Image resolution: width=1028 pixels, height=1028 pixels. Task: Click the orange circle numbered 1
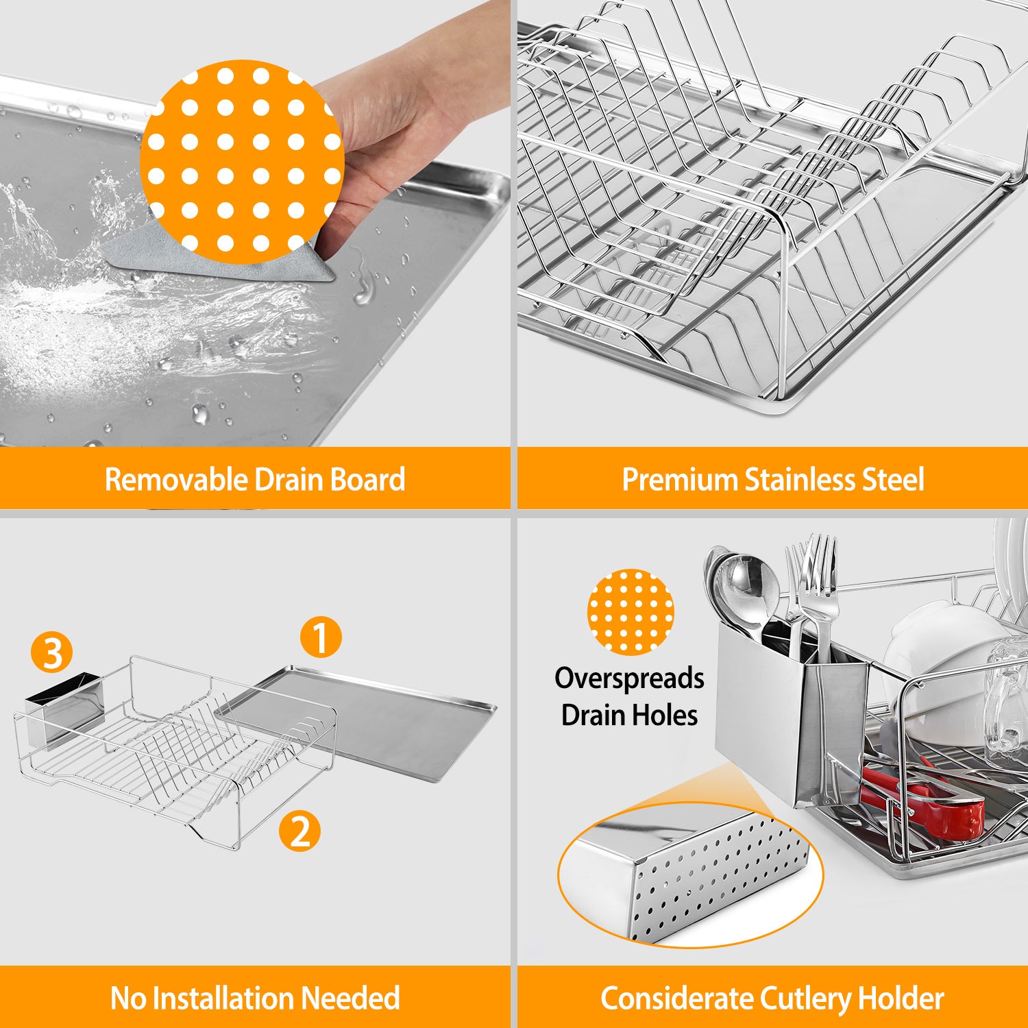[321, 637]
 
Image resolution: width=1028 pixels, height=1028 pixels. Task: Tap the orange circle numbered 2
[299, 831]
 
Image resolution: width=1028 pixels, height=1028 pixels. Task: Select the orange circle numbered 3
[51, 652]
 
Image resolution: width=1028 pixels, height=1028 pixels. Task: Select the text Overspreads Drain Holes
[629, 696]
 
